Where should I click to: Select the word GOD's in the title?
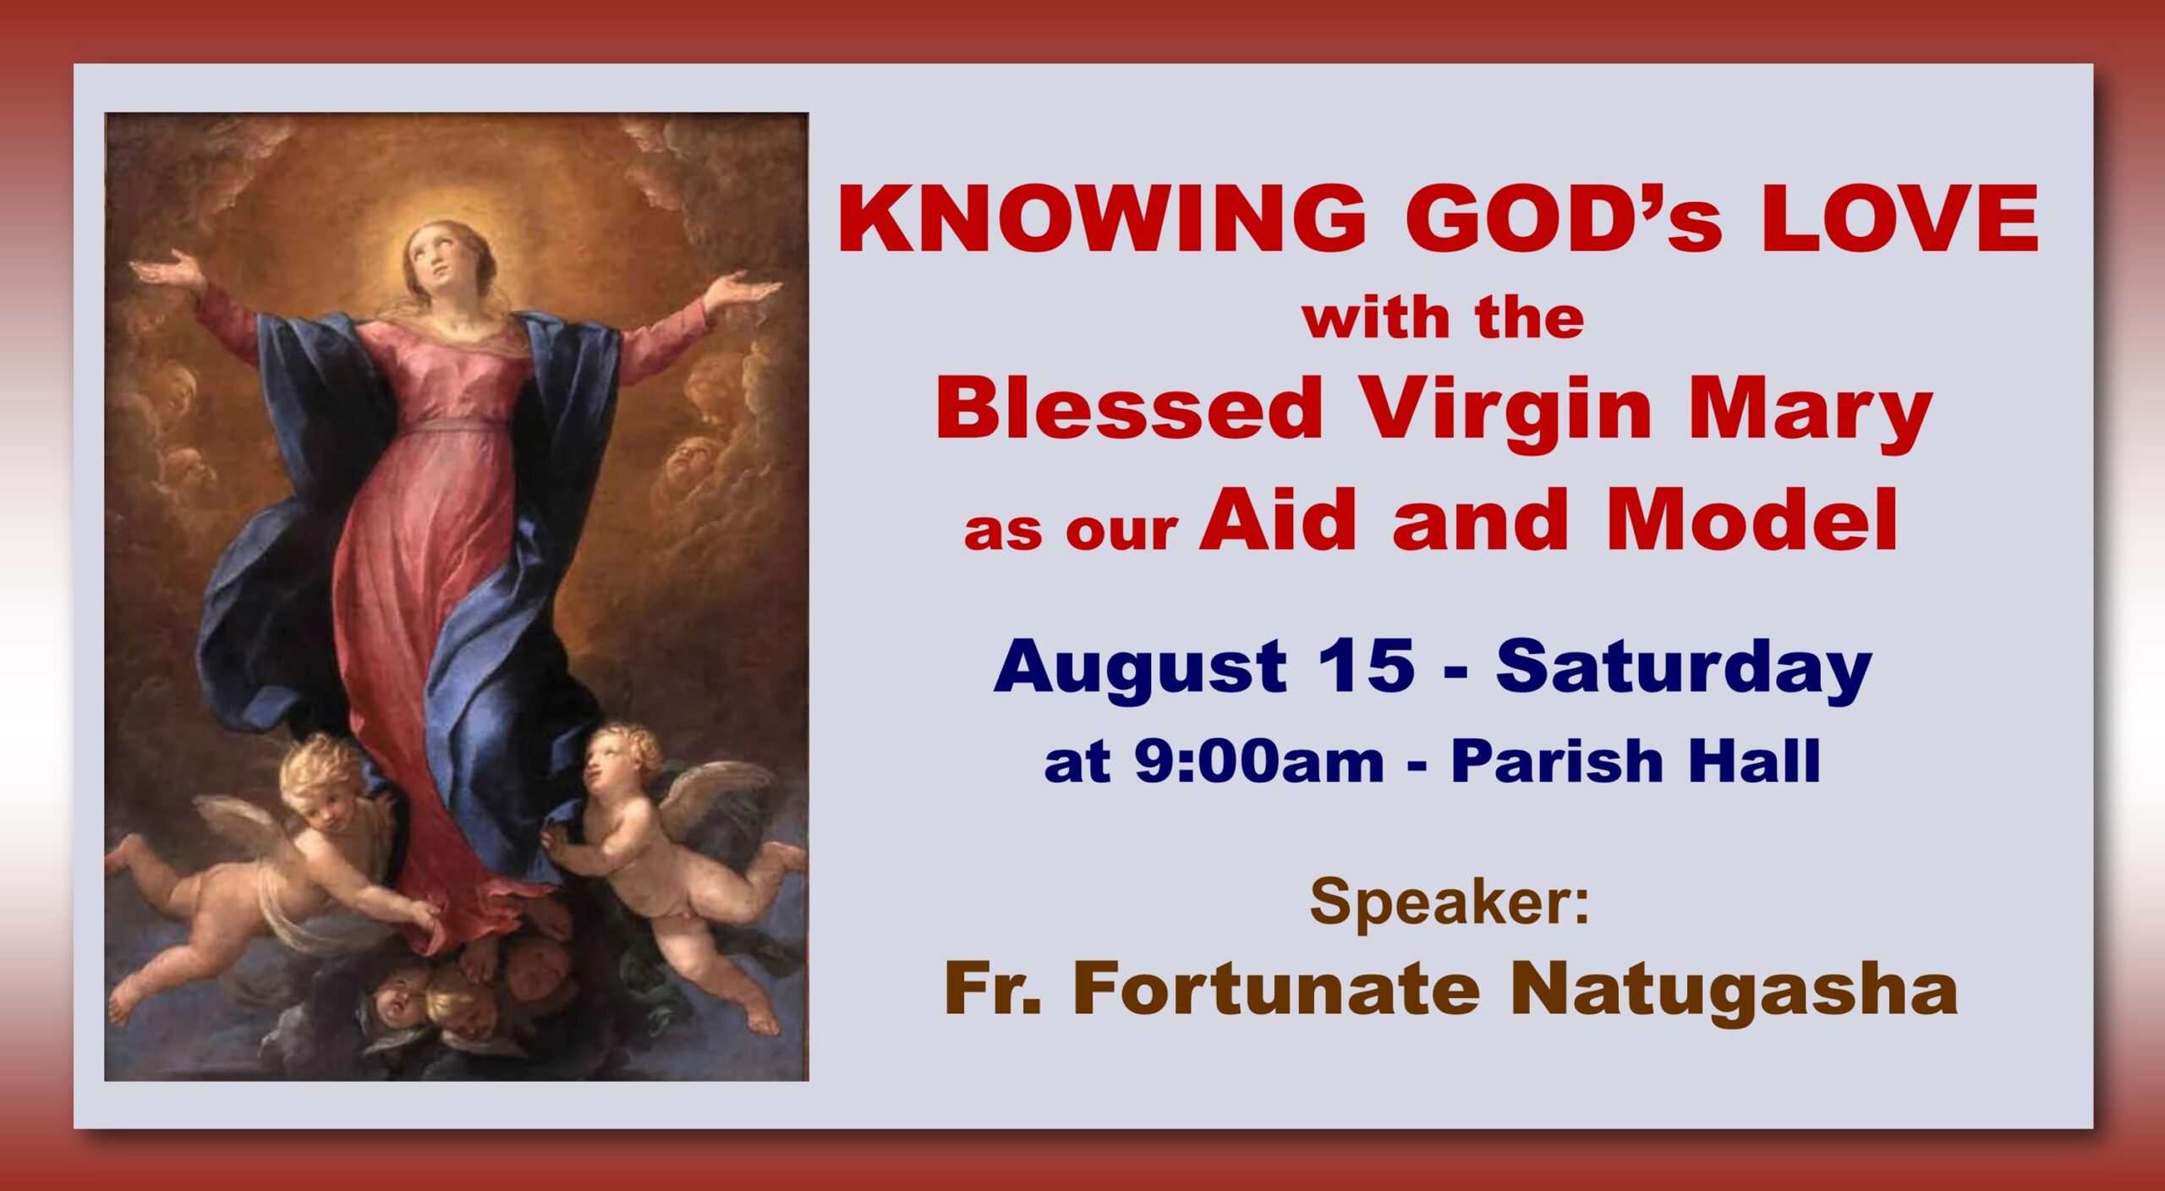click(1564, 219)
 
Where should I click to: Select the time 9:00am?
click(1259, 760)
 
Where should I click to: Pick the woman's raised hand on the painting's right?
click(739, 291)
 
